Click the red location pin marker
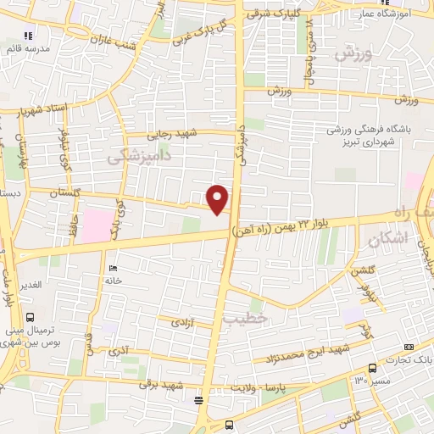pos(219,198)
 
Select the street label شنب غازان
pos(115,30)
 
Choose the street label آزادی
pos(184,323)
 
